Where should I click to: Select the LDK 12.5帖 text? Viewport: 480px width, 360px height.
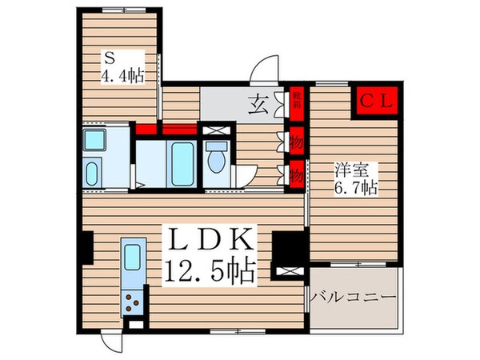tap(210, 254)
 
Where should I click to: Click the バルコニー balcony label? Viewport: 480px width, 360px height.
tap(355, 297)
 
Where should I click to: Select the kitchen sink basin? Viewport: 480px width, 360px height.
tap(132, 258)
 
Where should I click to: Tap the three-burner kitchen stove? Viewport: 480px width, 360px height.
tap(131, 302)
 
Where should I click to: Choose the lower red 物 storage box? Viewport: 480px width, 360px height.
tap(297, 171)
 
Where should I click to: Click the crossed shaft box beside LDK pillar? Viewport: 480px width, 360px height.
tap(285, 270)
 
